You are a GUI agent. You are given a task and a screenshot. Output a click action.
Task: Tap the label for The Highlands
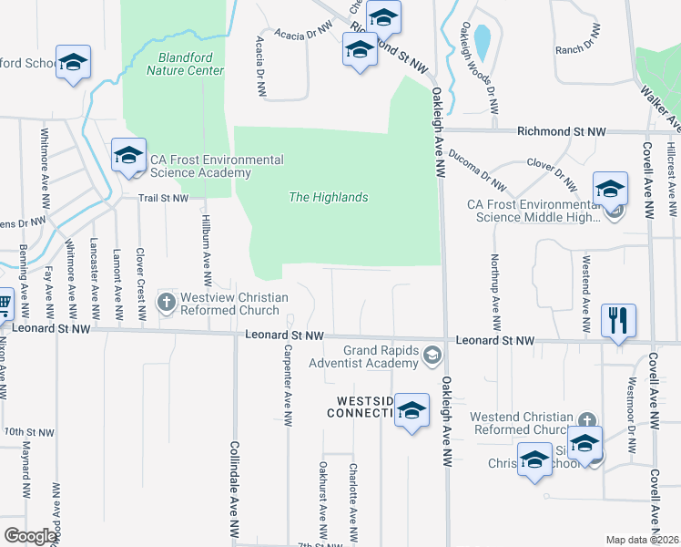coord(328,197)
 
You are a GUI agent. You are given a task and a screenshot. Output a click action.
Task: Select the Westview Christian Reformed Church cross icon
coord(167,301)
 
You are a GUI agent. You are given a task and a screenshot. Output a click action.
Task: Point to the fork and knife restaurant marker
coord(618,321)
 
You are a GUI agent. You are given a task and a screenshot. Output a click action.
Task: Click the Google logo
coord(31,536)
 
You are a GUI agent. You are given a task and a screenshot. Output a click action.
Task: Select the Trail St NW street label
coord(163,198)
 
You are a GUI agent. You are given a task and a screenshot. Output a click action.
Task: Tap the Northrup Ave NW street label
coord(496,294)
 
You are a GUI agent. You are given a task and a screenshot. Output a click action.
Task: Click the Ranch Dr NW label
coord(579,43)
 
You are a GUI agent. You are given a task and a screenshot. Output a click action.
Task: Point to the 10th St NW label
coord(25,430)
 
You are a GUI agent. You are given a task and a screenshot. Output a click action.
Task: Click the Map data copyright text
coord(643,540)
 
